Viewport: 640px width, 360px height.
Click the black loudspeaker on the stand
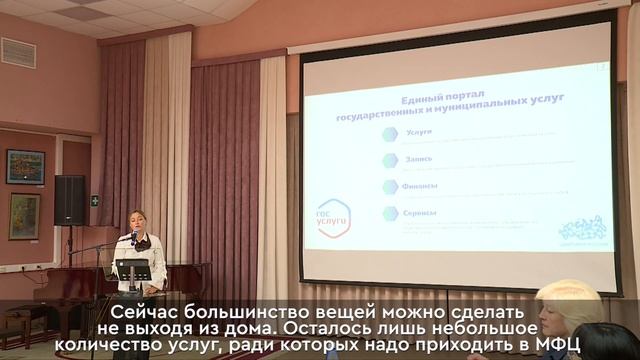tap(69, 199)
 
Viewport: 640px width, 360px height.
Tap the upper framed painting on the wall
tap(25, 167)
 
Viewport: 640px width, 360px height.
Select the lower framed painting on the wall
tap(24, 216)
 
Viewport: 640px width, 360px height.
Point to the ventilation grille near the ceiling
tap(18, 52)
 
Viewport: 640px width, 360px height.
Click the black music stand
tap(132, 270)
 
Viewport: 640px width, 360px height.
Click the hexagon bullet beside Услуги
tap(390, 134)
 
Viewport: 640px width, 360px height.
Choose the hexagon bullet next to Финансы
tap(390, 187)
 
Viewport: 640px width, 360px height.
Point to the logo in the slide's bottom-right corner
tap(580, 228)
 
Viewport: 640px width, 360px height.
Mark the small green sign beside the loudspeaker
tap(95, 200)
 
